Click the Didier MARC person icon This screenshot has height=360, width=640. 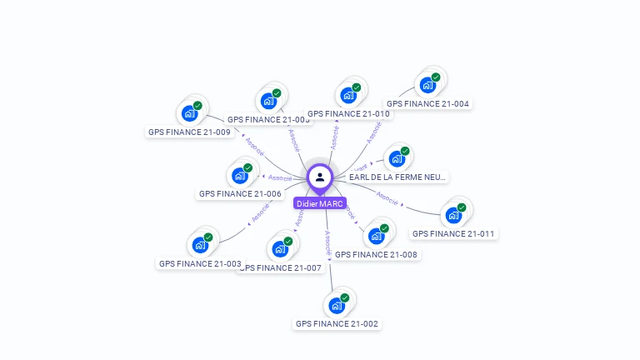(320, 177)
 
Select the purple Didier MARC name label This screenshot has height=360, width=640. (320, 203)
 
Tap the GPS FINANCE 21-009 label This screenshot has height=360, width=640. (189, 132)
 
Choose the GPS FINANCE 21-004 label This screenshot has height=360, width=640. (427, 104)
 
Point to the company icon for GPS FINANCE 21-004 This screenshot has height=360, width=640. (427, 85)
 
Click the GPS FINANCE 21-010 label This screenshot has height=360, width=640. (348, 113)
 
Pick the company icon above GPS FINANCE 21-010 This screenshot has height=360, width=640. (347, 94)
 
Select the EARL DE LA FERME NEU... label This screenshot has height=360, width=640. (397, 177)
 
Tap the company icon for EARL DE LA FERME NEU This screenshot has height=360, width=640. (397, 158)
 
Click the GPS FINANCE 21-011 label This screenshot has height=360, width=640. (453, 233)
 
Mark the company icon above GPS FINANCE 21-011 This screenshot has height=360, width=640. (453, 215)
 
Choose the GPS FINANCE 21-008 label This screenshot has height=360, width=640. (376, 254)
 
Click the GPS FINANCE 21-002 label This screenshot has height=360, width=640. (337, 323)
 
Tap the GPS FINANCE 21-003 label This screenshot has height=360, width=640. (199, 263)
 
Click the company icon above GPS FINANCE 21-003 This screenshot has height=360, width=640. (199, 245)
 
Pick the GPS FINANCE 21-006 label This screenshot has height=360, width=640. (239, 193)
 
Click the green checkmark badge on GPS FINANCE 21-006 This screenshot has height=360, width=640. (247, 167)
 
